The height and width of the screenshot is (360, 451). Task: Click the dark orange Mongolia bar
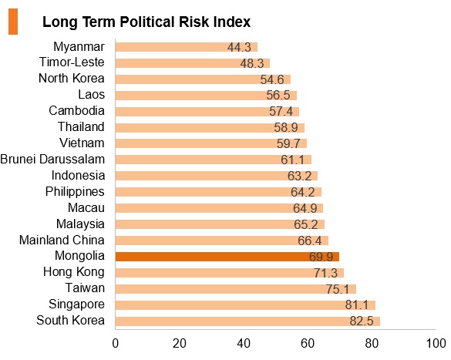[x=227, y=257]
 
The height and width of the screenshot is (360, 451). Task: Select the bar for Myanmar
[x=187, y=47]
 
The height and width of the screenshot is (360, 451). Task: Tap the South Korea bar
[x=247, y=321]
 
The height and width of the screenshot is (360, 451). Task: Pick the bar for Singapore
[x=245, y=305]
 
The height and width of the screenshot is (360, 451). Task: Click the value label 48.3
[x=252, y=63]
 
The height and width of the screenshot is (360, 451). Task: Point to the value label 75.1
[x=338, y=289]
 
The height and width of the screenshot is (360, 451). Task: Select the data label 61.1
[x=292, y=160]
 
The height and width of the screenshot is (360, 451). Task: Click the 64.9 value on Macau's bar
[x=305, y=208]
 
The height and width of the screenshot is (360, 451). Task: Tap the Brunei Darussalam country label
[x=52, y=160]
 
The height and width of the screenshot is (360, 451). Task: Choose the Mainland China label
[x=62, y=240]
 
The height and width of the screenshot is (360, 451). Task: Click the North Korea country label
[x=72, y=78]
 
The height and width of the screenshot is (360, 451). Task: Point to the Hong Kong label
[x=74, y=272]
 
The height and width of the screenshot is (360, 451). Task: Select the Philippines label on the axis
[x=75, y=192]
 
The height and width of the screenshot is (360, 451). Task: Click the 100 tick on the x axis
[x=436, y=343]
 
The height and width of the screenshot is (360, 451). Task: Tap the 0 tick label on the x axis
[x=116, y=343]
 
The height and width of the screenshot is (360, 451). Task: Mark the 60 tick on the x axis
[x=308, y=343]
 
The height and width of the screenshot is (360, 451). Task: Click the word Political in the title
[x=147, y=22]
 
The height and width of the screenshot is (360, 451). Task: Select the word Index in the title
[x=232, y=22]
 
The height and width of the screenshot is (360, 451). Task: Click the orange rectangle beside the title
[x=13, y=22]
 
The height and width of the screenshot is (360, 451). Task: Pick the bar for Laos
[x=206, y=96]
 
